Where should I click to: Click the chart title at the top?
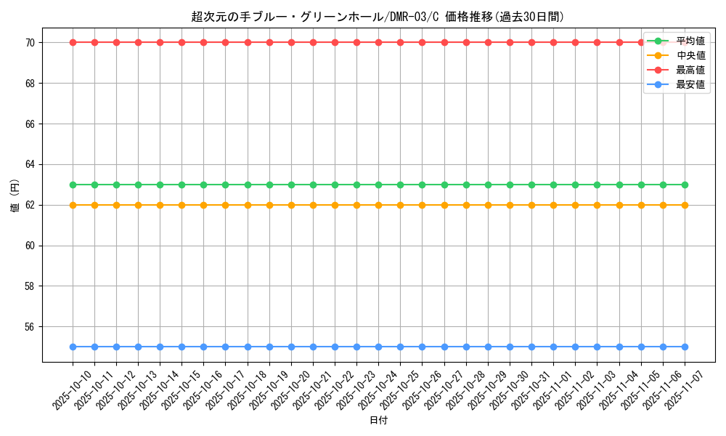(378, 17)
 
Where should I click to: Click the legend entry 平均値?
(690, 41)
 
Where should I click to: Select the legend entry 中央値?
(690, 55)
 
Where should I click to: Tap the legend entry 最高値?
(690, 70)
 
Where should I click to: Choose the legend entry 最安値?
(690, 84)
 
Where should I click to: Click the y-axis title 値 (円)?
(15, 196)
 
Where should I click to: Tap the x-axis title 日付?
(378, 421)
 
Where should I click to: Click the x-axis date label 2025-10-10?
(73, 389)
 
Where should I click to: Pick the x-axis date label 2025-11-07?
(685, 389)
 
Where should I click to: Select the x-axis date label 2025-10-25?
(400, 389)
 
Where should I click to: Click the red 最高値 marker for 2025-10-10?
(73, 42)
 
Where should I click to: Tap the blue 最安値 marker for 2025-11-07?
(685, 347)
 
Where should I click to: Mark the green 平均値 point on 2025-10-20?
(291, 185)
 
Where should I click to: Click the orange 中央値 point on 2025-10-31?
(531, 205)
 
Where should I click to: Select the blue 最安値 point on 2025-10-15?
(181, 347)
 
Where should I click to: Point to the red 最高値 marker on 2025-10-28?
(466, 42)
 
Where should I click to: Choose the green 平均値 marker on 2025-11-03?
(597, 185)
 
